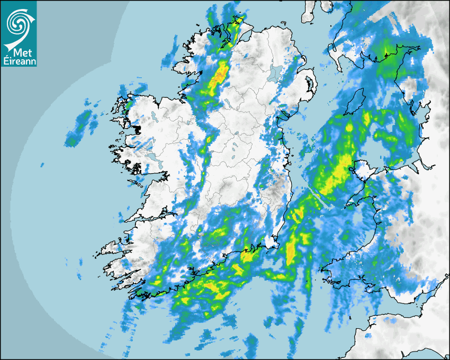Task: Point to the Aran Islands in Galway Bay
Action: [137, 184]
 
